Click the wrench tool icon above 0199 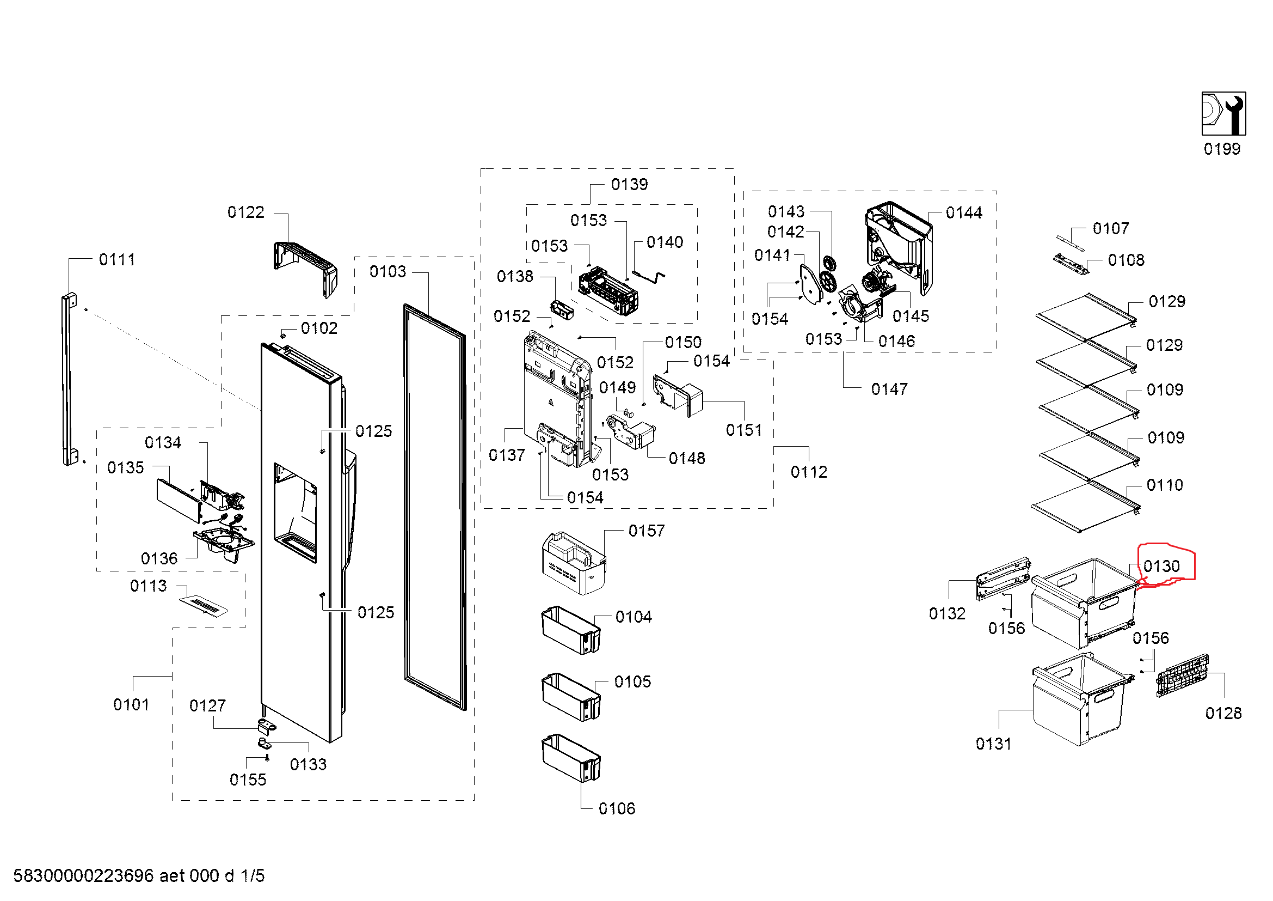(x=1223, y=114)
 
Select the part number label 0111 (x=117, y=260)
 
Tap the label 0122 (x=245, y=212)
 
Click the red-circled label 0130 (x=1161, y=567)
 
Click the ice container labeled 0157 (x=573, y=563)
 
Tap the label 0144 (x=964, y=212)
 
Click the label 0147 (x=889, y=389)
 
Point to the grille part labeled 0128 (x=1182, y=675)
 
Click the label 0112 (x=808, y=472)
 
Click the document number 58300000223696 (x=83, y=875)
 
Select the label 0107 (x=1111, y=229)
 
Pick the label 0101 (x=131, y=704)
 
